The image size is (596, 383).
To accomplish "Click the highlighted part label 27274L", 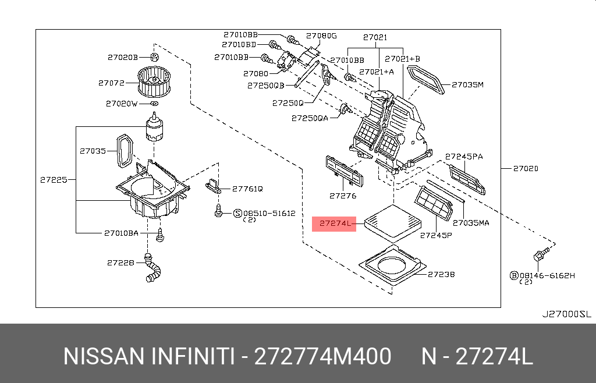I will (x=334, y=224).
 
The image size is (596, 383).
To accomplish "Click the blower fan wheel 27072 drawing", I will (x=155, y=81).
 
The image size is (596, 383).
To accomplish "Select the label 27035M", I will (x=469, y=85).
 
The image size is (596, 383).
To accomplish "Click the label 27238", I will (x=441, y=274).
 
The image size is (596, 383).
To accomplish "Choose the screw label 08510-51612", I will (x=269, y=214).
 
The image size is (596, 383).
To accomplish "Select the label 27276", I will (x=342, y=196).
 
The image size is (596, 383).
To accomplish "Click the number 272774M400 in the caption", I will (x=322, y=356).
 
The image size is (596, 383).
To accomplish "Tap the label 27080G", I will (x=321, y=36).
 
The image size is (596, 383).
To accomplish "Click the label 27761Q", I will (x=247, y=189).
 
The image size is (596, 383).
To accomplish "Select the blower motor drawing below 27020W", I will (x=155, y=128).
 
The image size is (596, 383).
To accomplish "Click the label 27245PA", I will (x=464, y=157).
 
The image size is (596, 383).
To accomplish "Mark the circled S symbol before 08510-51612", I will (x=237, y=214).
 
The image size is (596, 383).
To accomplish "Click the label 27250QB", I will (x=265, y=85).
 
